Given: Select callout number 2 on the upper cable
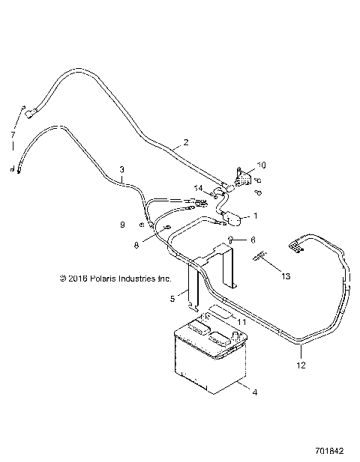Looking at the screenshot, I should (185, 142).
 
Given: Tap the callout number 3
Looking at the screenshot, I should (121, 170).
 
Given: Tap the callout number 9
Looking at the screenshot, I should (122, 225).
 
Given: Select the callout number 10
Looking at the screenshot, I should (261, 165).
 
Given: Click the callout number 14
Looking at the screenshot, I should (199, 187).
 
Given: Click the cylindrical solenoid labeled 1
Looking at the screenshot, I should (232, 219).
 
